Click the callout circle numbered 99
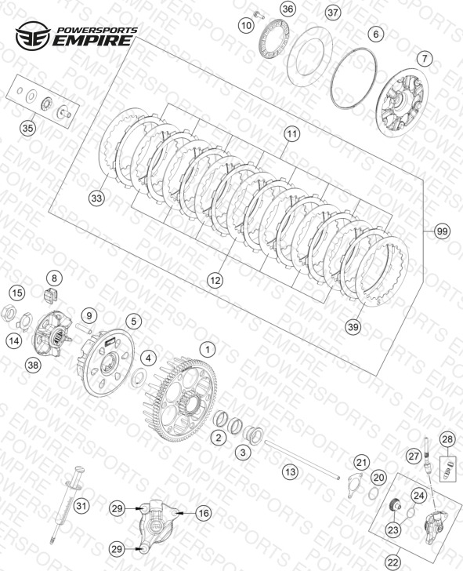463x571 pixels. click(443, 231)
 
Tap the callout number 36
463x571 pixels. click(288, 9)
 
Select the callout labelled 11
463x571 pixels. click(291, 134)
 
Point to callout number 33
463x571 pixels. click(96, 198)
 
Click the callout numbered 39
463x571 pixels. click(353, 326)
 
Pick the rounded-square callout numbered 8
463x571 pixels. click(54, 279)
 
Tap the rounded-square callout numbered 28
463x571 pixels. click(447, 439)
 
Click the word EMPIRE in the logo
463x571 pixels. click(92, 40)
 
